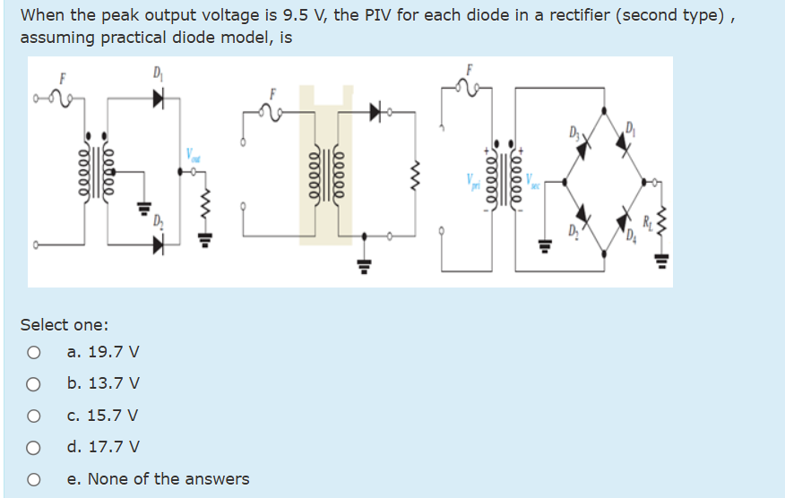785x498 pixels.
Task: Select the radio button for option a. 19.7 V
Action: [x=33, y=353]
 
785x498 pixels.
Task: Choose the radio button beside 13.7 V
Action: [x=33, y=384]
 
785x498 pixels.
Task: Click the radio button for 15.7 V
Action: [x=33, y=416]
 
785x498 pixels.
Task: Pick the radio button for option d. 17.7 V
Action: [x=33, y=447]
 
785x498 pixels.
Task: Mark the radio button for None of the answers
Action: [x=33, y=479]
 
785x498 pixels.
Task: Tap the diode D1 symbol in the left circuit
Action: [x=158, y=98]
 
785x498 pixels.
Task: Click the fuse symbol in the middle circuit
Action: [x=271, y=113]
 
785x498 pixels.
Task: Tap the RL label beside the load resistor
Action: [x=648, y=219]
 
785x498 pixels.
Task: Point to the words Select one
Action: [x=65, y=324]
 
